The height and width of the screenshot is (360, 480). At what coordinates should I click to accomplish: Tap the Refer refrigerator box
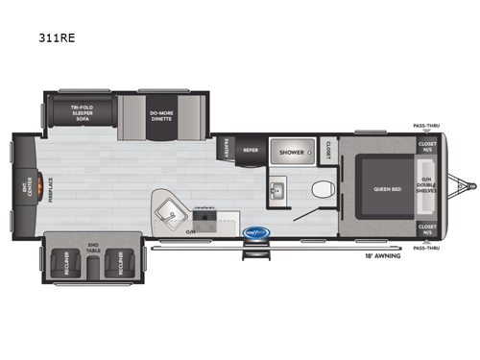pyautogui.click(x=250, y=150)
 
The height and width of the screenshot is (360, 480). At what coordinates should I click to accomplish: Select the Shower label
pyautogui.click(x=292, y=152)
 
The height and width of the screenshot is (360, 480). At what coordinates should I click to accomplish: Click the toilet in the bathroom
pyautogui.click(x=324, y=188)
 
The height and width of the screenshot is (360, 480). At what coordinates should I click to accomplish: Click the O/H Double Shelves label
pyautogui.click(x=426, y=187)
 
